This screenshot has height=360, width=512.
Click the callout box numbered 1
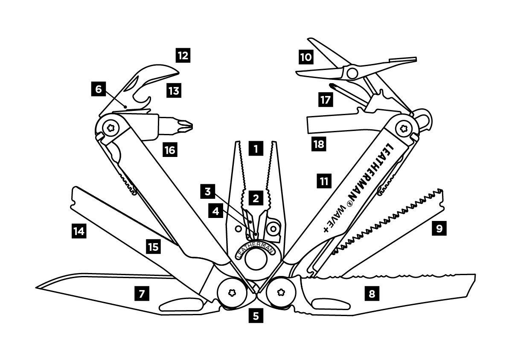[256, 149]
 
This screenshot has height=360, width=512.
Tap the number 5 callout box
[256, 316]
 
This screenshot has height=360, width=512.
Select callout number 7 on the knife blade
[142, 294]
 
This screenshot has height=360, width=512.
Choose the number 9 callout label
[439, 229]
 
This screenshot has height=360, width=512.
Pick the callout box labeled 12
[183, 55]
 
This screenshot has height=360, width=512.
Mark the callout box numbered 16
[170, 150]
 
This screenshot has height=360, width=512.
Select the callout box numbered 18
[319, 144]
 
